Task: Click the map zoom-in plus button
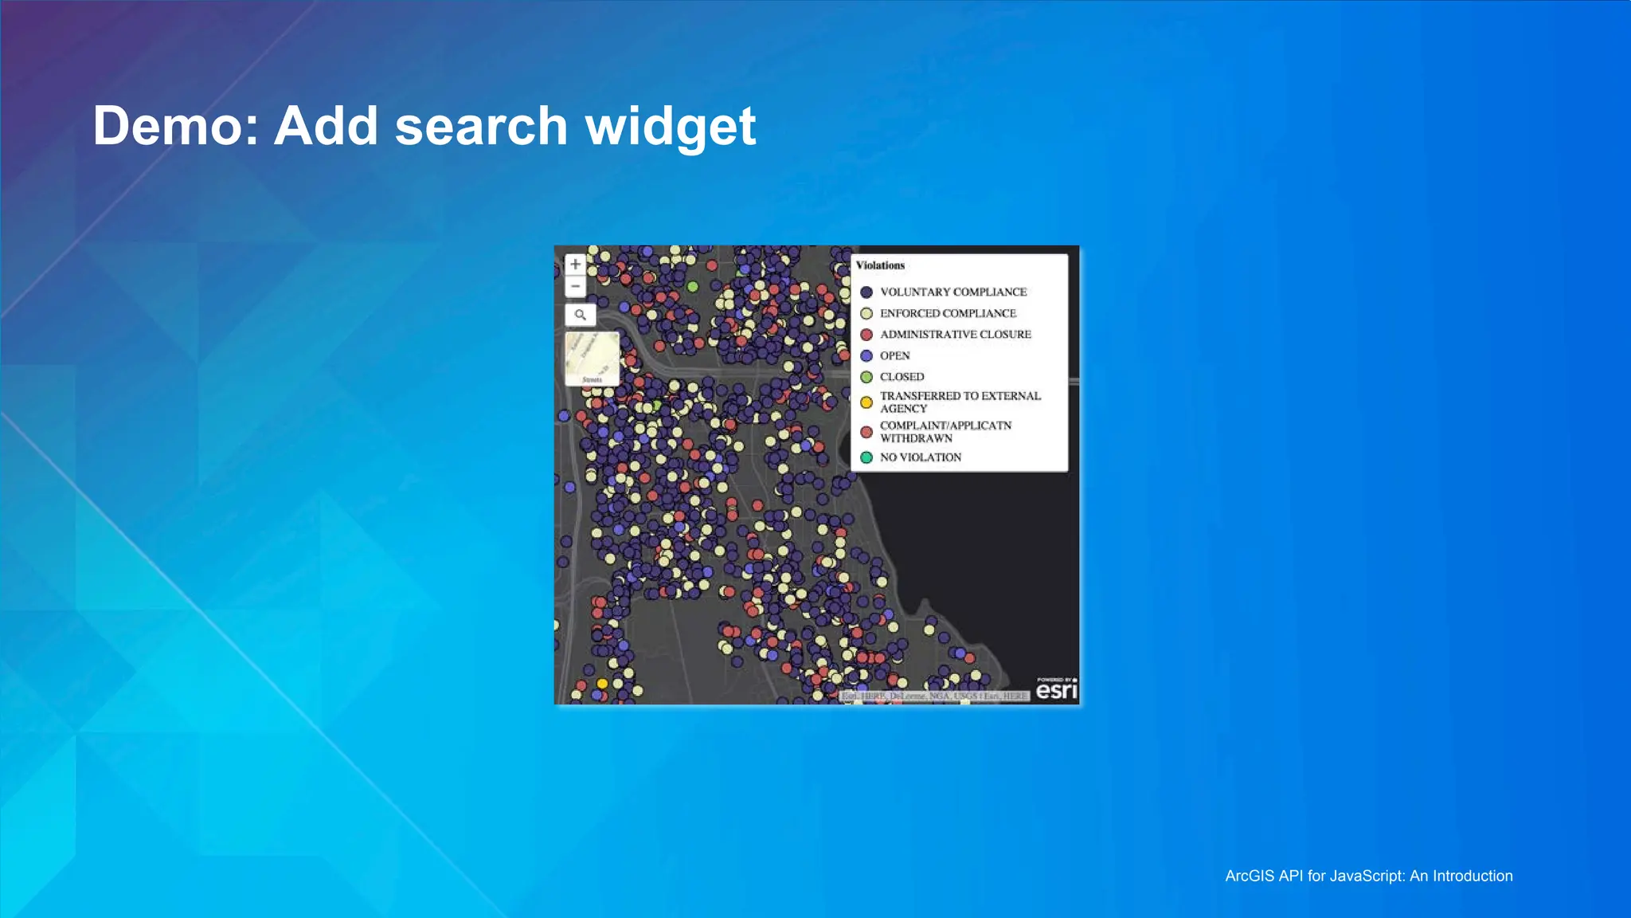pos(575,265)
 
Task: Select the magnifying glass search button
pos(581,315)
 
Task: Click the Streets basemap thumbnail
pos(592,359)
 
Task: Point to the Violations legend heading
pos(880,265)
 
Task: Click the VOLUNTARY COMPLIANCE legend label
pos(953,292)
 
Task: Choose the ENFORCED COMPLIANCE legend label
pos(948,313)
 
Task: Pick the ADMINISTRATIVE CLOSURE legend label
pos(955,335)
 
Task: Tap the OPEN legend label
pos(894,355)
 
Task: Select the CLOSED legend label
pos(902,377)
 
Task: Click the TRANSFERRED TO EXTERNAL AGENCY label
pos(960,402)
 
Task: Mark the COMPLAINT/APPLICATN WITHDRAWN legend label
pos(945,432)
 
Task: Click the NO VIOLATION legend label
pos(921,457)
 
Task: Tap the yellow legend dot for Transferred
pos(866,402)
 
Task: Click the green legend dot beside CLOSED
pos(866,377)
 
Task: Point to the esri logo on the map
pos(1056,689)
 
